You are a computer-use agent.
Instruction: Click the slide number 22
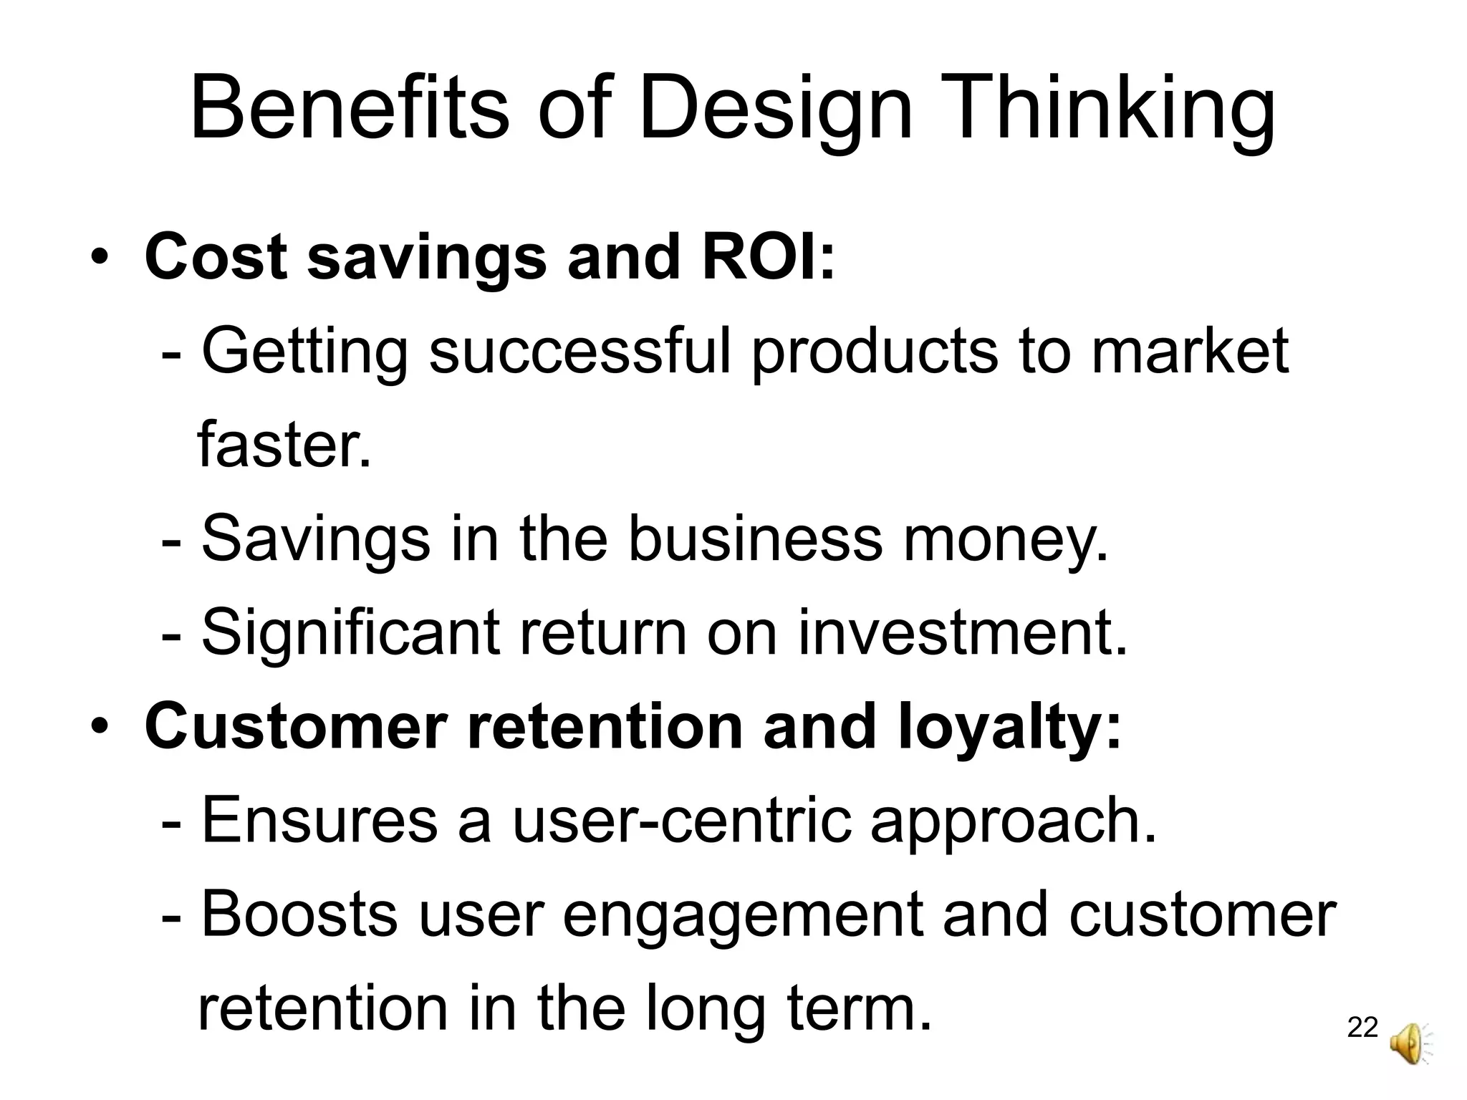[1362, 1028]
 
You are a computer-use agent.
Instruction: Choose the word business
[756, 539]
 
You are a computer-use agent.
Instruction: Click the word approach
[1013, 821]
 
